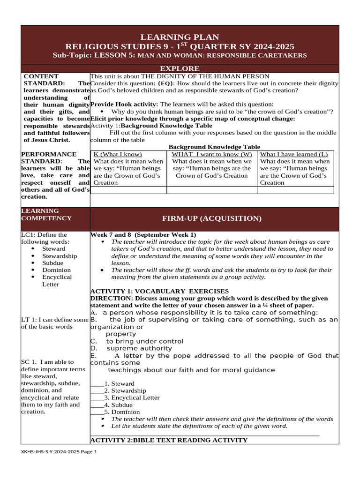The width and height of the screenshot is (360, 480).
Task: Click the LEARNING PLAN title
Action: click(x=180, y=37)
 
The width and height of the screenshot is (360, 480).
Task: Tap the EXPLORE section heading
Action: click(x=180, y=68)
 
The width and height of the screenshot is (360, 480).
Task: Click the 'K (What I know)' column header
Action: click(x=118, y=154)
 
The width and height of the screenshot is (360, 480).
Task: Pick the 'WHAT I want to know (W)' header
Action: click(x=212, y=154)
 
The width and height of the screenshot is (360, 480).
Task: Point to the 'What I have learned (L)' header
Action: click(x=294, y=154)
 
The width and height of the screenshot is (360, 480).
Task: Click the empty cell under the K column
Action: click(x=128, y=190)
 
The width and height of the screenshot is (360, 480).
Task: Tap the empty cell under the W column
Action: click(x=212, y=190)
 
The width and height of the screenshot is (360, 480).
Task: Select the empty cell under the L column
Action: click(x=295, y=190)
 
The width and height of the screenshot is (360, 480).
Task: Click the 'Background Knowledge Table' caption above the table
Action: click(x=214, y=147)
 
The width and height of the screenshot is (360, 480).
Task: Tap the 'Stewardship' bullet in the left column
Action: click(x=60, y=256)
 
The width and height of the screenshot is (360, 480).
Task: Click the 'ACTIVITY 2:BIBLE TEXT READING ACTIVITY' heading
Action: click(x=169, y=440)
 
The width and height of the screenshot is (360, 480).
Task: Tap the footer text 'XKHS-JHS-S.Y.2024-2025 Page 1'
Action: click(x=59, y=452)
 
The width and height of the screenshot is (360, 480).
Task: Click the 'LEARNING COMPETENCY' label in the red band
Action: click(x=46, y=215)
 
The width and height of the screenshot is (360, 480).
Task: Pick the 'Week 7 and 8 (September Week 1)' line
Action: click(x=143, y=234)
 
